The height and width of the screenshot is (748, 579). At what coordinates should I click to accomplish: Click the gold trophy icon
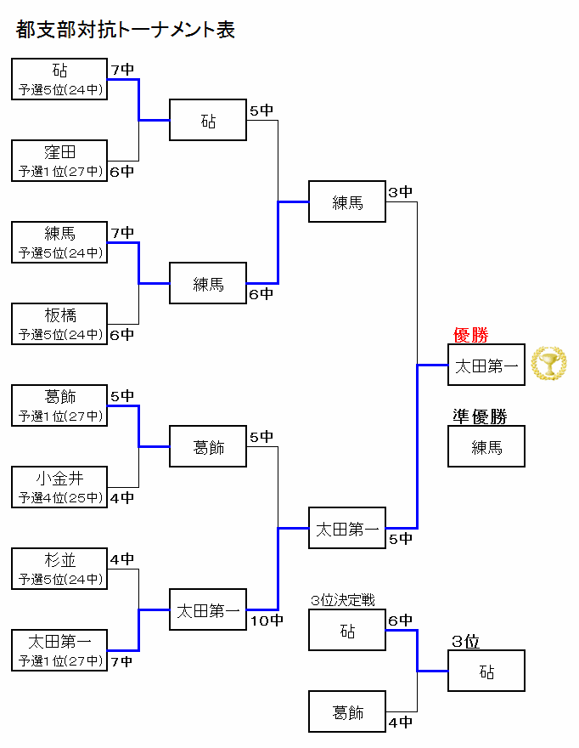pos(549,364)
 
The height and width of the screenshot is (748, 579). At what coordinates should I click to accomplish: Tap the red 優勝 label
pos(471,335)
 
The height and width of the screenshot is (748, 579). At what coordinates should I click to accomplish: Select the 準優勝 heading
pos(480,416)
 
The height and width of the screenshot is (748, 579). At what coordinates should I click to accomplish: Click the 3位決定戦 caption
pos(343,600)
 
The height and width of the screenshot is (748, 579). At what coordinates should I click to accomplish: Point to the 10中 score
pos(267,620)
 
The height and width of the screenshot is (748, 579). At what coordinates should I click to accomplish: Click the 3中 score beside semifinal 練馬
pos(401,192)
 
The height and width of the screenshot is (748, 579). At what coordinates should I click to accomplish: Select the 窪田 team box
pos(59,161)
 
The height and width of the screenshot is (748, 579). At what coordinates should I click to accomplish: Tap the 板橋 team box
pos(59,324)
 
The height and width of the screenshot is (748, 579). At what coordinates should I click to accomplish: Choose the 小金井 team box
pos(59,487)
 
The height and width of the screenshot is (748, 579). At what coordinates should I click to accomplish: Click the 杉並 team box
pos(59,569)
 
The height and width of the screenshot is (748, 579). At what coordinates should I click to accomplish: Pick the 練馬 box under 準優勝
pos(486,446)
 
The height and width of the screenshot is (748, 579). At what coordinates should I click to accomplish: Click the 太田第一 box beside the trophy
pos(486,365)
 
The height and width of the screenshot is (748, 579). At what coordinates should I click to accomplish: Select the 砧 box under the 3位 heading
pos(486,671)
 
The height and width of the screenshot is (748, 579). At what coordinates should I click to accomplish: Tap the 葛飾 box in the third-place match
pos(347,711)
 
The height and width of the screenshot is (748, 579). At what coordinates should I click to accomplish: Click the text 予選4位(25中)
pos(60,497)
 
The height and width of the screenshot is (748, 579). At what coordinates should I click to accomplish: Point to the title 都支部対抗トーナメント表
pos(126,30)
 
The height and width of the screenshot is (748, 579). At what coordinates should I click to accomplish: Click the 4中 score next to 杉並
pos(122,558)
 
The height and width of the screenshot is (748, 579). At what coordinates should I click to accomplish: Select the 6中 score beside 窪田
pos(122,171)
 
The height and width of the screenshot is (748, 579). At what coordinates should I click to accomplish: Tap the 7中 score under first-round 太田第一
pos(121,661)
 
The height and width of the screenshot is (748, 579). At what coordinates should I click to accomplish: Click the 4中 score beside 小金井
pos(122,497)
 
